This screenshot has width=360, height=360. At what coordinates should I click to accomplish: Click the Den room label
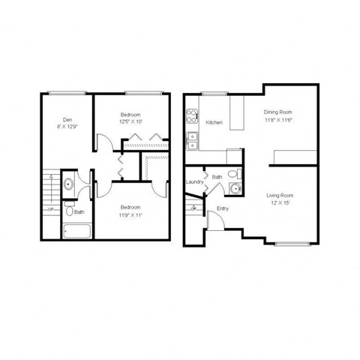point(67,119)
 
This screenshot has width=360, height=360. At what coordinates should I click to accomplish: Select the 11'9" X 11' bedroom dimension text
point(129,214)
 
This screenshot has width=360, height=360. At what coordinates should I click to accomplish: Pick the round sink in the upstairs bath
point(69,183)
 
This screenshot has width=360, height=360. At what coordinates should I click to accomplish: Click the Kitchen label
point(214,123)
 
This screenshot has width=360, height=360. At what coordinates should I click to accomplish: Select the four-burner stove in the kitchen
point(192,117)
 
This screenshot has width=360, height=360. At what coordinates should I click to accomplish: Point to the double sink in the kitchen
point(192,137)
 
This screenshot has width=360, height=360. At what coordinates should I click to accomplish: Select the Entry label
point(223,208)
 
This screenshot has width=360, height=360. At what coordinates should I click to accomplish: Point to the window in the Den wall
point(63,93)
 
